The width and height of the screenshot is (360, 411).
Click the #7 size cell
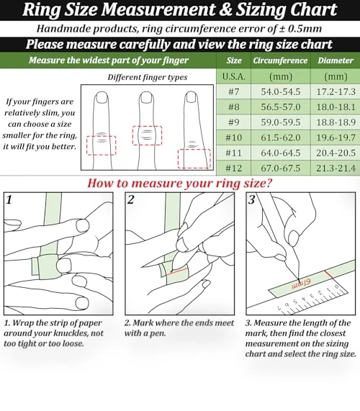pyautogui.click(x=233, y=91)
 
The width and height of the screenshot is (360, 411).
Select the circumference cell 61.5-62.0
pyautogui.click(x=281, y=137)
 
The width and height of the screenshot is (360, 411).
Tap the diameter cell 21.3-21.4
pyautogui.click(x=336, y=168)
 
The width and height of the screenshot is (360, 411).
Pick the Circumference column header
pyautogui.click(x=280, y=60)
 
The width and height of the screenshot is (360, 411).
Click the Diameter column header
pyautogui.click(x=336, y=60)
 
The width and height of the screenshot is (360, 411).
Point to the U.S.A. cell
pyautogui.click(x=233, y=76)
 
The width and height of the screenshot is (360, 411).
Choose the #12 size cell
pyautogui.click(x=233, y=168)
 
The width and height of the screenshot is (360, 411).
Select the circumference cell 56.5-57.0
pyautogui.click(x=281, y=107)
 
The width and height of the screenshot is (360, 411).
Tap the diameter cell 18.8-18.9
pyautogui.click(x=336, y=122)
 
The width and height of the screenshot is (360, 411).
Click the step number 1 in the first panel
pyautogui.click(x=9, y=199)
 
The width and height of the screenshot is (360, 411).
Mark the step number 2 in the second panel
pyautogui.click(x=130, y=199)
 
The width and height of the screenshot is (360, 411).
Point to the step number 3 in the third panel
pyautogui.click(x=252, y=199)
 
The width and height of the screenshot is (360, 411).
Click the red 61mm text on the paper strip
pyautogui.click(x=301, y=284)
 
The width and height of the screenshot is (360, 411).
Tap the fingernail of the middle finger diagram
pyautogui.click(x=146, y=99)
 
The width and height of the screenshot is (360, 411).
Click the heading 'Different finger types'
pyautogui.click(x=148, y=77)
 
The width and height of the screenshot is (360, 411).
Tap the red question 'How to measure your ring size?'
pyautogui.click(x=180, y=183)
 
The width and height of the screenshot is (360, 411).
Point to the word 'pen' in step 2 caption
pyautogui.click(x=158, y=334)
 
